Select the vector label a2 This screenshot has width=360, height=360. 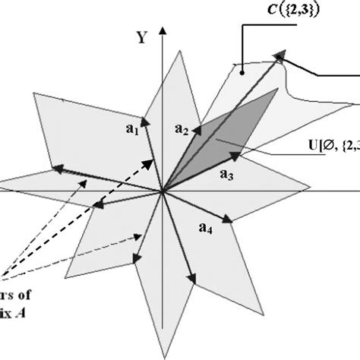pyautogui.click(x=182, y=129)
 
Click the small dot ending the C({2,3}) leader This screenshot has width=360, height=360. pyautogui.click(x=242, y=71)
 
